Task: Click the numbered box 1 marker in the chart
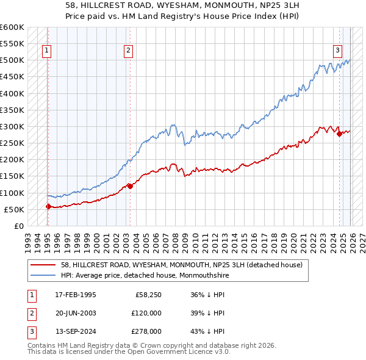click(48, 51)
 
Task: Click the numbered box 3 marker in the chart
click(337, 51)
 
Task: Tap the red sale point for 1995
click(48, 206)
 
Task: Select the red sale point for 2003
click(130, 186)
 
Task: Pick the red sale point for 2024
click(339, 134)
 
